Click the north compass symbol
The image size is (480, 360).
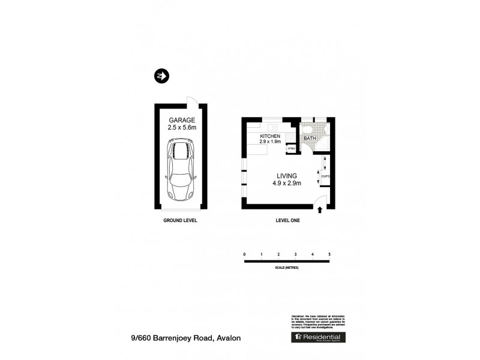161,76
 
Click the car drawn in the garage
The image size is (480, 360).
180,170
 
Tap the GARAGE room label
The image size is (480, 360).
181,120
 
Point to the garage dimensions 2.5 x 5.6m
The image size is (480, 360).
181,128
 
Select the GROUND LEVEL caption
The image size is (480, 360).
180,221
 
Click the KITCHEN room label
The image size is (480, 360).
270,137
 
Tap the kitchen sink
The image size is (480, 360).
272,127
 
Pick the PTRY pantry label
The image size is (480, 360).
292,148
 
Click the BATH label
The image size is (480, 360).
309,139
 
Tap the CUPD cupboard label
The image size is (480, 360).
325,176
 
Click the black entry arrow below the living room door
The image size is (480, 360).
320,210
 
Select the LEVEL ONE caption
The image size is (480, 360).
287,221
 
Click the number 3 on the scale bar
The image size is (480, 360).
296,255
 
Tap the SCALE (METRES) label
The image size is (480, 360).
286,267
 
